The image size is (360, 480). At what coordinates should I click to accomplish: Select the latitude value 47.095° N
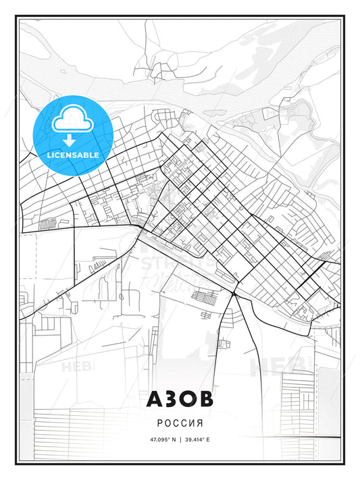[162, 439]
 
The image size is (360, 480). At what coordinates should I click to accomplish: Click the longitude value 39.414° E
[197, 439]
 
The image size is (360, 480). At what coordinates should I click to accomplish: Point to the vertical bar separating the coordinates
[180, 439]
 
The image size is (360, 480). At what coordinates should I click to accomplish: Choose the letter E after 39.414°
[208, 439]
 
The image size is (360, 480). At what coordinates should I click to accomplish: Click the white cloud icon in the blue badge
[68, 121]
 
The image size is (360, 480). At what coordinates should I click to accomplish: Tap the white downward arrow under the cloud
[68, 140]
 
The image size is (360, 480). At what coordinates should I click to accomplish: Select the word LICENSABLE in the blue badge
[74, 155]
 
